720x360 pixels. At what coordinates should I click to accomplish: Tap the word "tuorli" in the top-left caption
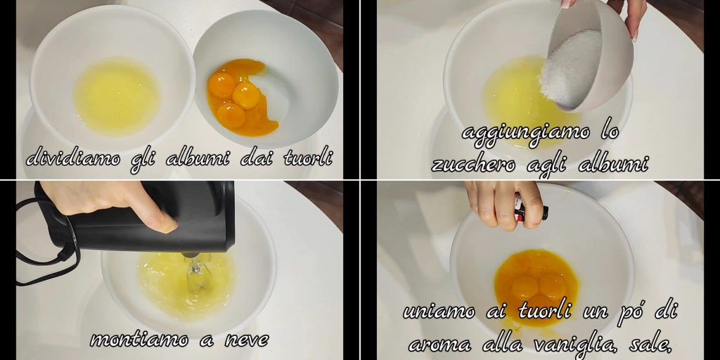[308, 158]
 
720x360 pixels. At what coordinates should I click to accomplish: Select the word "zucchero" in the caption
[473, 165]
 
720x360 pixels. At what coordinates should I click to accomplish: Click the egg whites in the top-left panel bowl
[117, 97]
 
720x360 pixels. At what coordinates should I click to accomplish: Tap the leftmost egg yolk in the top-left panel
[221, 85]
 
